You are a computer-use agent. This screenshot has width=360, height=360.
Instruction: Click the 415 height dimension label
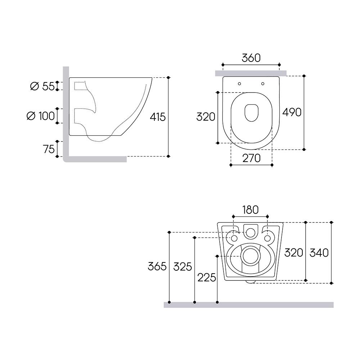pyautogui.click(x=158, y=117)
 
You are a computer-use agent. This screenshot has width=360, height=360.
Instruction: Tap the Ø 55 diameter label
pyautogui.click(x=42, y=86)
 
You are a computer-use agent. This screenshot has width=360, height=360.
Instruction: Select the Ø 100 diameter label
pyautogui.click(x=41, y=116)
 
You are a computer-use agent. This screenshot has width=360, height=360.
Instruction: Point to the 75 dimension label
pyautogui.click(x=49, y=149)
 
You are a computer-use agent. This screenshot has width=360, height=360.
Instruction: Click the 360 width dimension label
pyautogui.click(x=251, y=58)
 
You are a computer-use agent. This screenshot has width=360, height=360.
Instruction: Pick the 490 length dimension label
pyautogui.click(x=292, y=112)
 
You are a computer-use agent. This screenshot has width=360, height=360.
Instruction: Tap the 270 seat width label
pyautogui.click(x=251, y=158)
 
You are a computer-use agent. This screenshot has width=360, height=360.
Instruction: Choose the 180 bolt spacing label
pyautogui.click(x=250, y=210)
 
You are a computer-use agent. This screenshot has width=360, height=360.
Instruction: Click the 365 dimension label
pyautogui.click(x=157, y=266)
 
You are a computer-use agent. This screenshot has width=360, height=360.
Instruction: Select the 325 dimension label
pyautogui.click(x=183, y=267)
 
